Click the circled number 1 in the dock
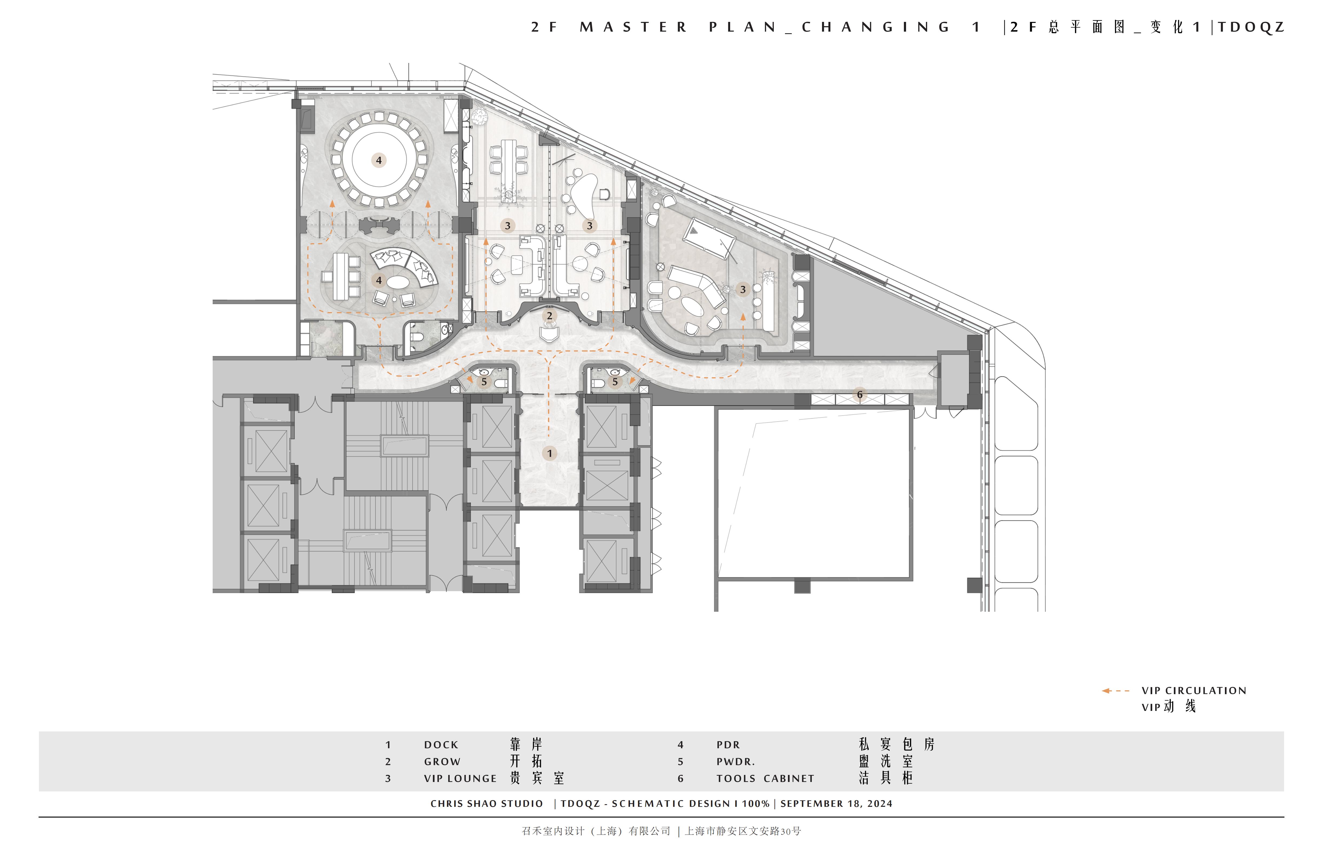tap(549, 453)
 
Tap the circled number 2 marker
tap(549, 316)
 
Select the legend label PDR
tap(728, 745)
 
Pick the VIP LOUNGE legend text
tap(460, 779)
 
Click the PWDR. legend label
tap(736, 761)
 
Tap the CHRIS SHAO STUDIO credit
tap(486, 804)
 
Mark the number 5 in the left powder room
tap(484, 382)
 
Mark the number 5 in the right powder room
tap(615, 382)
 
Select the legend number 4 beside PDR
tap(680, 745)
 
